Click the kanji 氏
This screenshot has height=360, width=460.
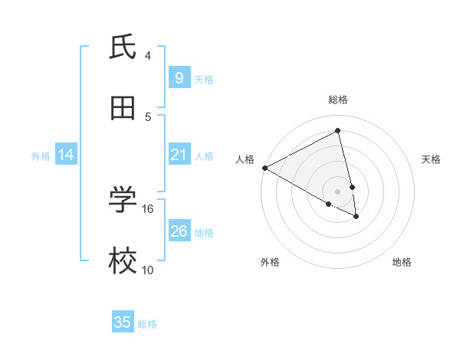point(123,47)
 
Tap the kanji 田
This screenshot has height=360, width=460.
point(123,109)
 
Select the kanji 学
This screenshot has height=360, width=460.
point(123,201)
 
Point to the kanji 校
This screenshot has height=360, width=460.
point(123,262)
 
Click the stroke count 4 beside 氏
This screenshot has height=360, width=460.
point(148,55)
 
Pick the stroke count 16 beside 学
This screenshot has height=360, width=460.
point(148,208)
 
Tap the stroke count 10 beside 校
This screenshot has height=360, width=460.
point(148,270)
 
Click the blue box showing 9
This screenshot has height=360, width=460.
point(179,78)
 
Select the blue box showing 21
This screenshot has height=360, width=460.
point(179,155)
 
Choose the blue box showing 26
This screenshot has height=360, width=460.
point(179,231)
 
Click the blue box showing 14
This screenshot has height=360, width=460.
point(66,155)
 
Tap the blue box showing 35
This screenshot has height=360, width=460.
point(123,322)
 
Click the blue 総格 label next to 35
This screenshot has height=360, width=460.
point(147,324)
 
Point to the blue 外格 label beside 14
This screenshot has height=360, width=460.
point(41,156)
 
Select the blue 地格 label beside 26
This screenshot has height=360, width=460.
point(204,233)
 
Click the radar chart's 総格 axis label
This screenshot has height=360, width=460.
point(338,100)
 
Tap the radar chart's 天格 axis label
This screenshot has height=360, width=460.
point(432,159)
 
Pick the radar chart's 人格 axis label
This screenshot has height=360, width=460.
point(245,159)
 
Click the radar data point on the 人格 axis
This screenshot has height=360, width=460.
point(264,168)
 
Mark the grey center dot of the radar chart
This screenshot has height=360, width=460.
point(338,191)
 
